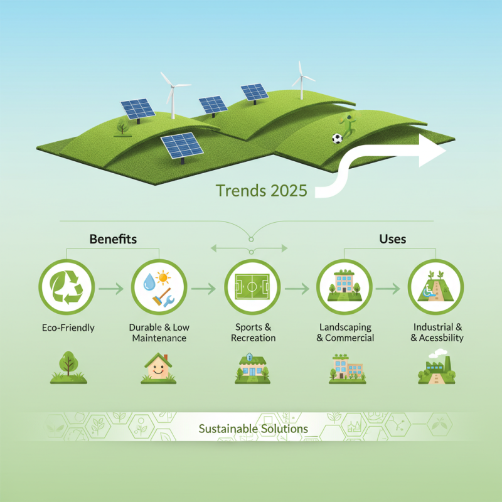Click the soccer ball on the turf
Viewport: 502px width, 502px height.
click(338, 138)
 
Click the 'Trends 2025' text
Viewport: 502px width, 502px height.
click(261, 190)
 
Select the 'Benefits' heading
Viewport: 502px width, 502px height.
click(113, 239)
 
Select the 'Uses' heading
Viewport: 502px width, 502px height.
click(393, 239)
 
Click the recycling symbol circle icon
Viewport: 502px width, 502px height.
click(67, 289)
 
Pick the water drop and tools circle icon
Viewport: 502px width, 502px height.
click(159, 289)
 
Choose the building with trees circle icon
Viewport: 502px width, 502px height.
click(344, 289)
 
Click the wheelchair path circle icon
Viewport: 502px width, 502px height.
click(435, 289)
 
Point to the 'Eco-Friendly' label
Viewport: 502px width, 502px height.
click(68, 328)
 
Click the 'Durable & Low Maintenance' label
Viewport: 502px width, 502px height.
click(159, 333)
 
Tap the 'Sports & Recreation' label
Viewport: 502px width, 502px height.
click(253, 333)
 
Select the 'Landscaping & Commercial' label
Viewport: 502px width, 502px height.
click(345, 333)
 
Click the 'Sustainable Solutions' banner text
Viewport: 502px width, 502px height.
click(253, 429)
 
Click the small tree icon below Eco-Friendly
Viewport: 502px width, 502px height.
click(68, 368)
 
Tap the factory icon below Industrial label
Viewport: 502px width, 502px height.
click(435, 370)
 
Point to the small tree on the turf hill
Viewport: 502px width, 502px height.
click(122, 127)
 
